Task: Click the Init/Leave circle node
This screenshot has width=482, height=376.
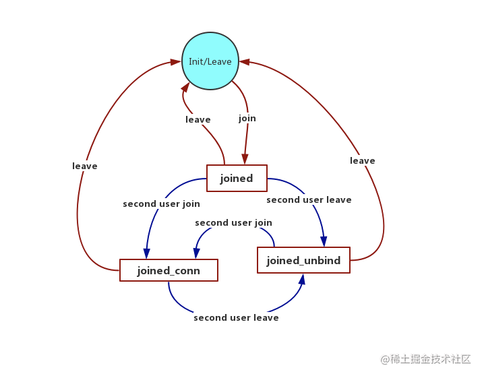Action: (210, 61)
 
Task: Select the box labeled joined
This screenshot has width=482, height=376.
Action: (237, 178)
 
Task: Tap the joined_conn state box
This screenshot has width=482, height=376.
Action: (169, 270)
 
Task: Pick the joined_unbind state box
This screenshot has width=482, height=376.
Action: (303, 260)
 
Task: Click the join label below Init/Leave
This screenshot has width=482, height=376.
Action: (247, 119)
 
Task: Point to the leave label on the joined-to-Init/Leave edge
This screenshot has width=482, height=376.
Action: (198, 119)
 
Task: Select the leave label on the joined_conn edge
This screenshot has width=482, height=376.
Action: (85, 166)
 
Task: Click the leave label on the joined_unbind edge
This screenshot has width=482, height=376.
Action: (363, 160)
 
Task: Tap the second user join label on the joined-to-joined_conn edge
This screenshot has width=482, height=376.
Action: (161, 204)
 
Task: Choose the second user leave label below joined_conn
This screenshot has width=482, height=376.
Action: (236, 317)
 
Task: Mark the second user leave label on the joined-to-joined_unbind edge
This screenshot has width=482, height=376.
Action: (309, 199)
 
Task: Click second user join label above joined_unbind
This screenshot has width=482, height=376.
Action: (234, 223)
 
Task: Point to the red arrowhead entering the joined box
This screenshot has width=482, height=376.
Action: (245, 159)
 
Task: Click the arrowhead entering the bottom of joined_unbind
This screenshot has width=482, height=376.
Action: (302, 279)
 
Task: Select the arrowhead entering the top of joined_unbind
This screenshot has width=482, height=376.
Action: (324, 241)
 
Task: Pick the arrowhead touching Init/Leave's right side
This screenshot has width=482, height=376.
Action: (245, 62)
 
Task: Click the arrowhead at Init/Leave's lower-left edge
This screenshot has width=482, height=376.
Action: (185, 87)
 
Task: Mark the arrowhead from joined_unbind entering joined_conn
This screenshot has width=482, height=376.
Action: (196, 253)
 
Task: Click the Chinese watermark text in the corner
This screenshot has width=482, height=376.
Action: (426, 359)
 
